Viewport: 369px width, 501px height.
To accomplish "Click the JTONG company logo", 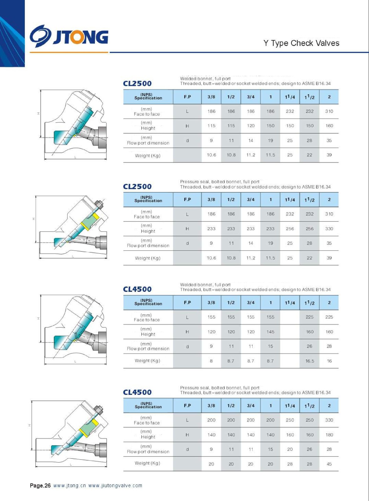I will [x=69, y=36].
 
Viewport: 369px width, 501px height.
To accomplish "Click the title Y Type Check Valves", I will [x=301, y=43].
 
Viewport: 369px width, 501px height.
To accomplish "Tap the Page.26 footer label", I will [x=40, y=486].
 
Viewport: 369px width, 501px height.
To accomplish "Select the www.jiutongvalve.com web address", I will [x=115, y=486].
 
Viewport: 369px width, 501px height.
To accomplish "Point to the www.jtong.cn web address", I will [x=69, y=486].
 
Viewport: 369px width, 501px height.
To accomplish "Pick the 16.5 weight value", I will [x=310, y=361].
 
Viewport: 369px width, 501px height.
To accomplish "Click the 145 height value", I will [x=270, y=332].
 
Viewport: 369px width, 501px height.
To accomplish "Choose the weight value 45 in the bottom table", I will [x=329, y=464].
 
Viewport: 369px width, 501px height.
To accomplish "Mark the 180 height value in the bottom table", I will [x=329, y=435].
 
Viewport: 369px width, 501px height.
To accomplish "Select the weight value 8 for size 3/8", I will [x=211, y=361].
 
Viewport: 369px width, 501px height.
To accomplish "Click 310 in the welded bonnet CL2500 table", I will [x=329, y=111].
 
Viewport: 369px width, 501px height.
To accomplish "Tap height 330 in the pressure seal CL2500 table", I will [x=329, y=229].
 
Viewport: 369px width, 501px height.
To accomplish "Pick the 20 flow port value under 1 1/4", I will [x=290, y=449].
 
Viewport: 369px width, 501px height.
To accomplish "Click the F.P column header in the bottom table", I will [x=187, y=405].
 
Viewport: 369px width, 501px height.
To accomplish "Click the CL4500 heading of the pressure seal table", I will [x=137, y=392].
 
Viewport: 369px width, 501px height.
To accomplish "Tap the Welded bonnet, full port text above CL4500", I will [x=205, y=285].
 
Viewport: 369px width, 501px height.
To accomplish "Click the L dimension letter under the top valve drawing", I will [x=75, y=157].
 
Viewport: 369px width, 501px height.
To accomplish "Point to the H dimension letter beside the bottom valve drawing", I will [x=29, y=425].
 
